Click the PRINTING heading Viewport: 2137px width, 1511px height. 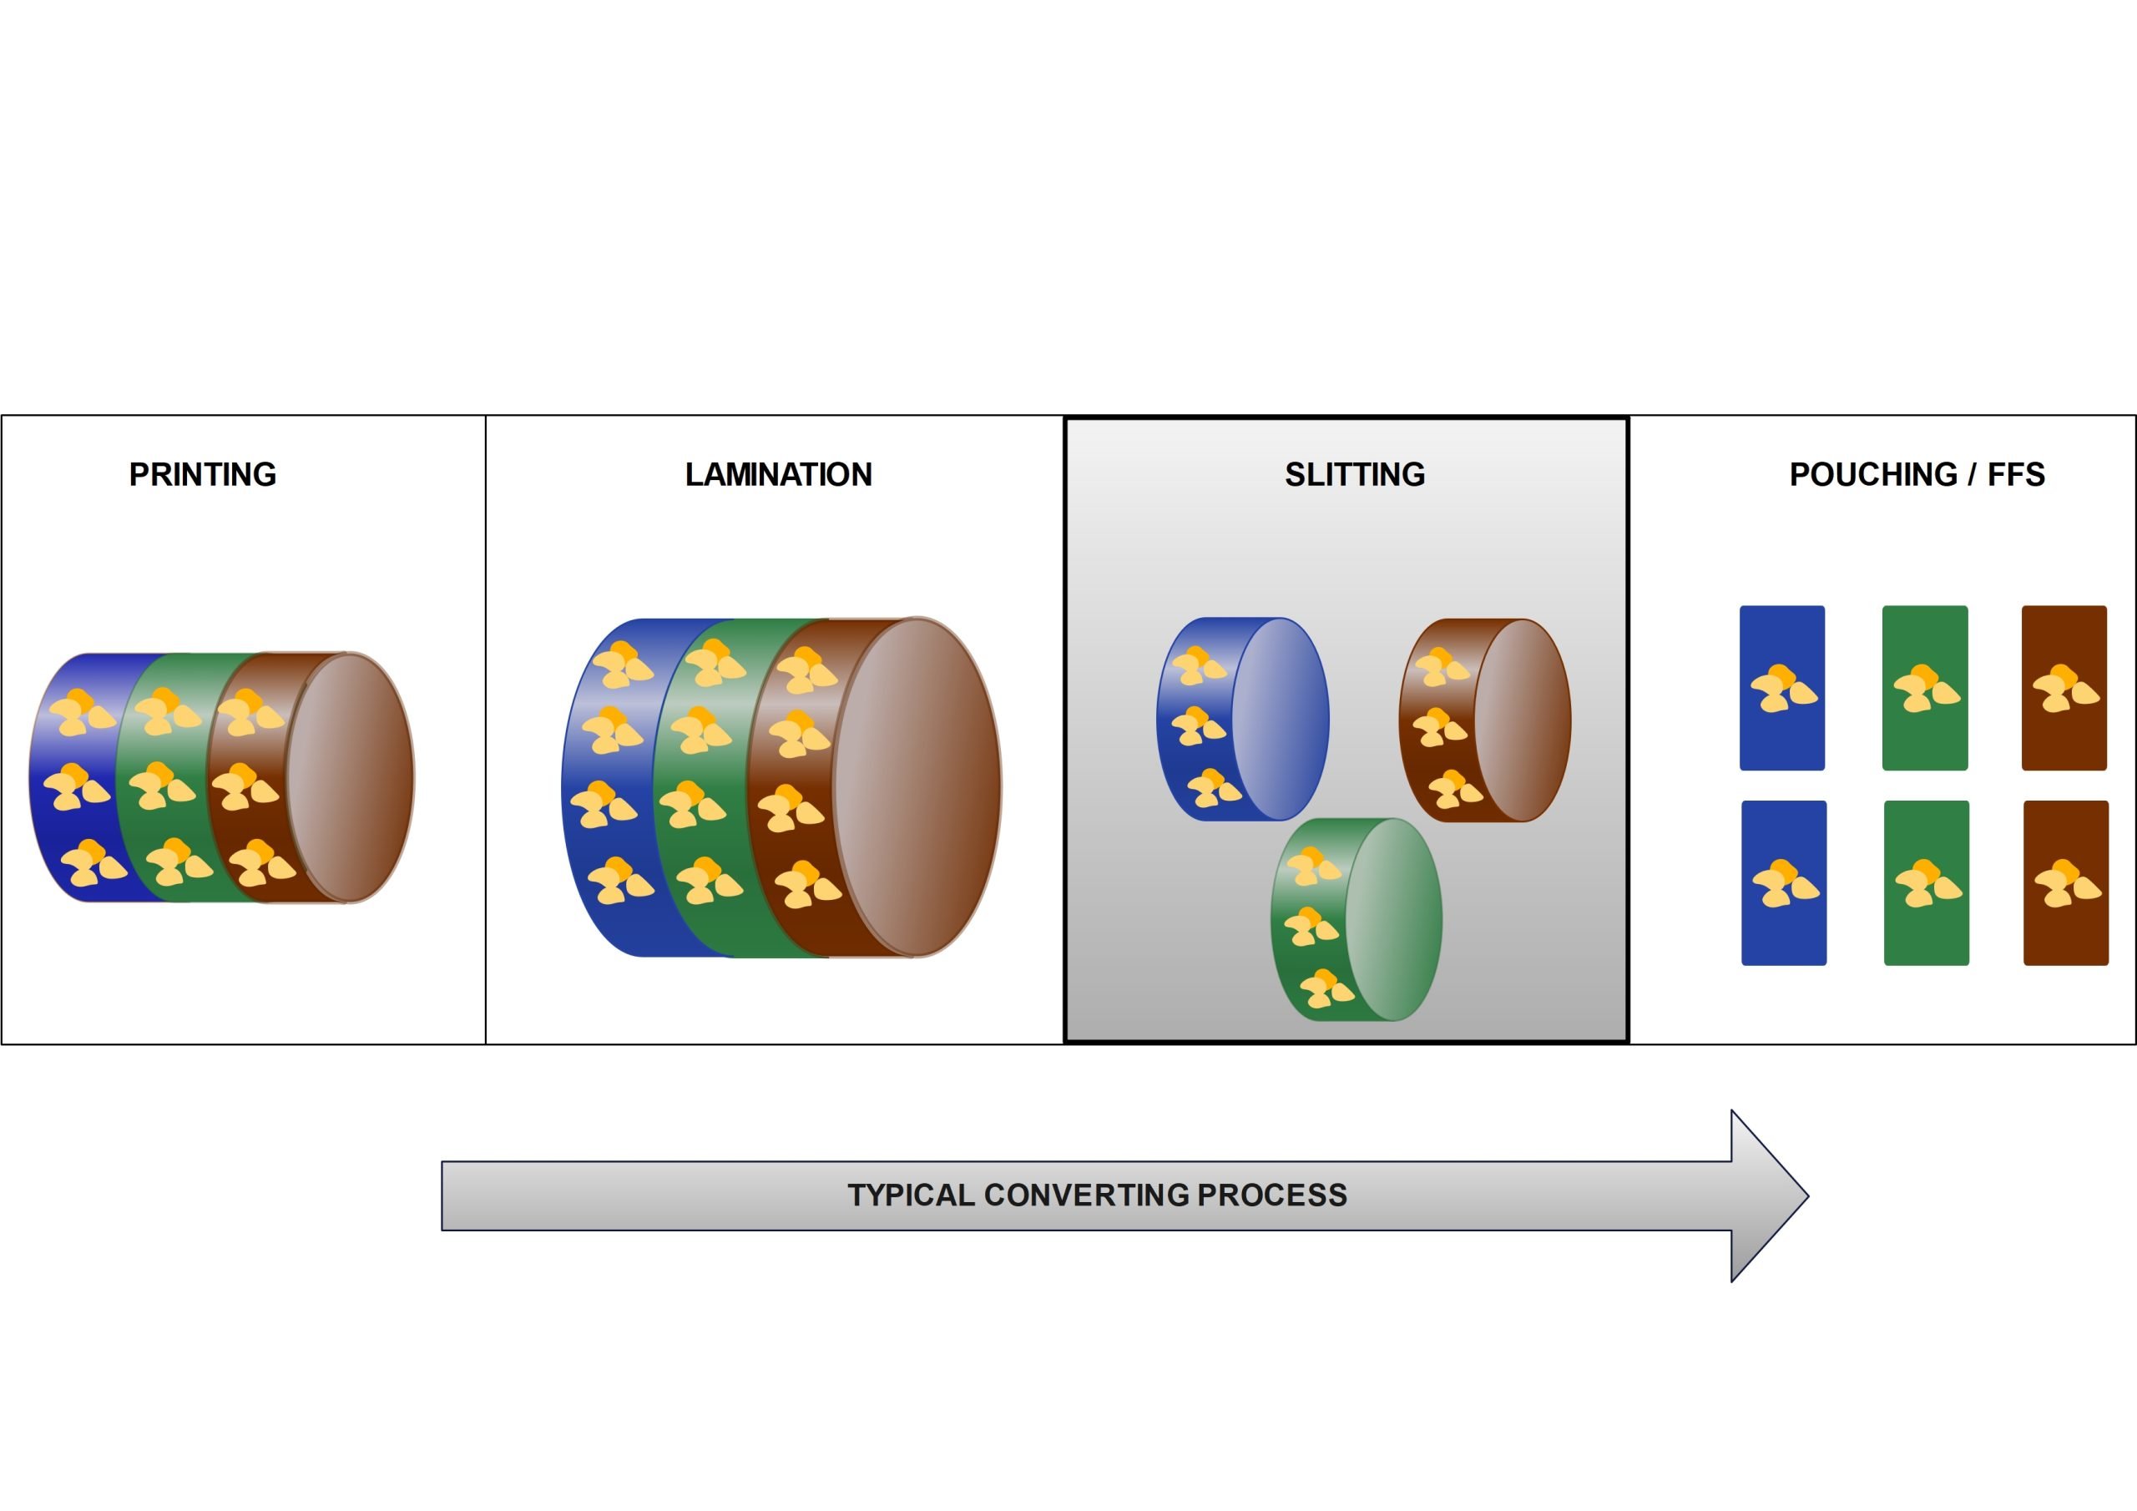[203, 475]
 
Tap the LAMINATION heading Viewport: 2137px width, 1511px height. [779, 475]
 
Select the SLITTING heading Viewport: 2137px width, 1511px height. [1355, 475]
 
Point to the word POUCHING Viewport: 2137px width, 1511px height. [1873, 475]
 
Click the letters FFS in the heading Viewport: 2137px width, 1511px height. [2016, 475]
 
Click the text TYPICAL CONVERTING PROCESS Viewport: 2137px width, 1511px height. [1098, 1195]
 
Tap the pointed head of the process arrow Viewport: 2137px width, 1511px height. [1807, 1196]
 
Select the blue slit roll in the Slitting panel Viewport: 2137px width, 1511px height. [1243, 719]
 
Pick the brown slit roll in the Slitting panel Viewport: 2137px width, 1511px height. [1486, 720]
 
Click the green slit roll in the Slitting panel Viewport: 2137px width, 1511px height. [1357, 920]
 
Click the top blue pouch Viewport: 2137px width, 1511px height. [1782, 688]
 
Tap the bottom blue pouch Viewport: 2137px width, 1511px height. [1784, 882]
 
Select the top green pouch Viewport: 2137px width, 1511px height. [1925, 688]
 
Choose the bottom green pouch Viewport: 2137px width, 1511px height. [1927, 882]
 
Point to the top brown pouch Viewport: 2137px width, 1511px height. [2064, 688]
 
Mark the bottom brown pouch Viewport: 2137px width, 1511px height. [2066, 882]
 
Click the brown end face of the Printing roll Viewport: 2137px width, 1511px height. [350, 777]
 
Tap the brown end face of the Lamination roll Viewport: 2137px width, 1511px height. [917, 786]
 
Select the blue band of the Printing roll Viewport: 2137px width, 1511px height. [79, 777]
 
